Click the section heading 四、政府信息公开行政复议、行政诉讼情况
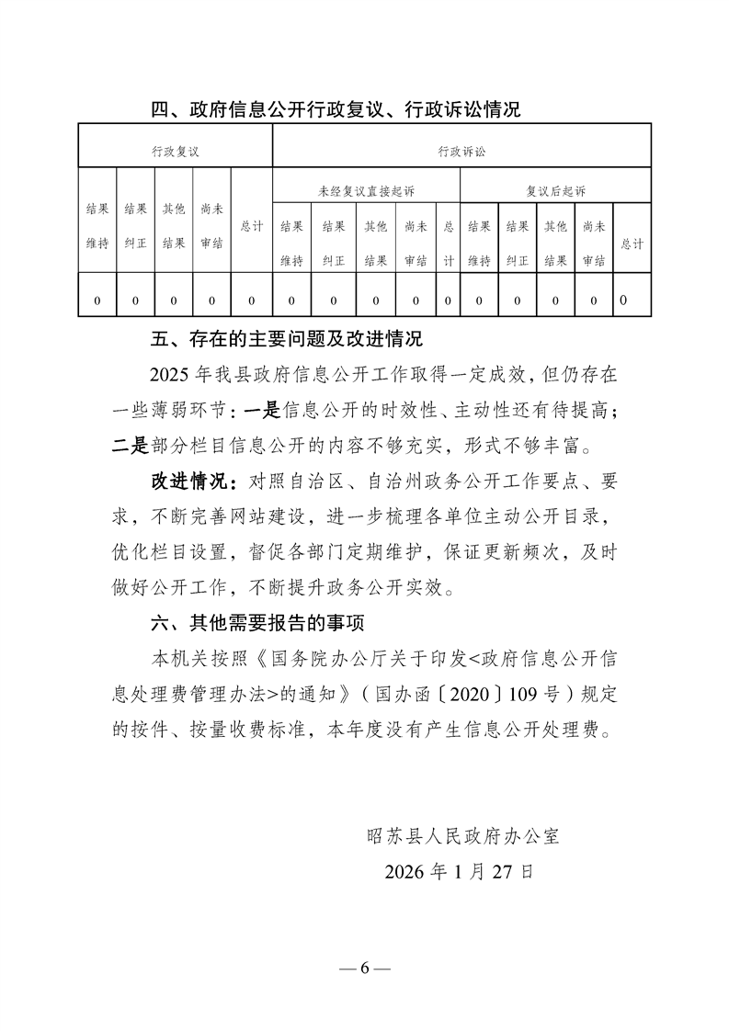point(336,110)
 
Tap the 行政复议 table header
point(175,150)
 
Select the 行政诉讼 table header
point(461,150)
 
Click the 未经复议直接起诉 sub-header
point(366,191)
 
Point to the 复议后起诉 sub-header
point(555,191)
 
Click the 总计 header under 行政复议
point(251,226)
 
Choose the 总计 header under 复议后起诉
point(632,244)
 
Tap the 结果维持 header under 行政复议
point(97,226)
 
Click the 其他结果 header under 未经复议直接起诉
point(375,244)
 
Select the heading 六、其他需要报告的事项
point(258,624)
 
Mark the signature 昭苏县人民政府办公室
point(462,836)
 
